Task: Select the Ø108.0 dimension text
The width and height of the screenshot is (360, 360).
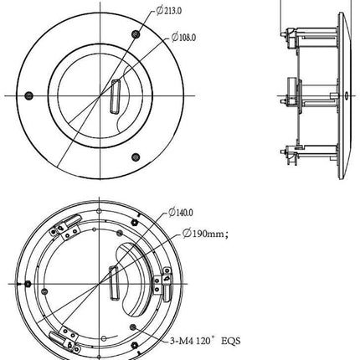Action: (x=185, y=37)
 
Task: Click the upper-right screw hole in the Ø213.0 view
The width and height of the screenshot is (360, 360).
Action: (x=136, y=33)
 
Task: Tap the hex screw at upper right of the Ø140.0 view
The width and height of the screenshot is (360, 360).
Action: (x=133, y=224)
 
